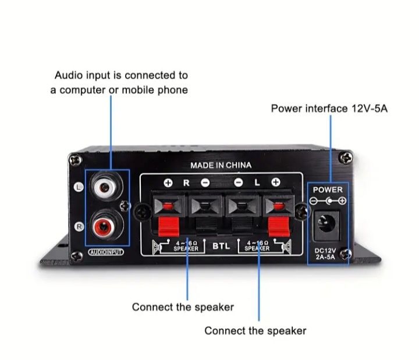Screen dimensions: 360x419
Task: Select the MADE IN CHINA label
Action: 221,166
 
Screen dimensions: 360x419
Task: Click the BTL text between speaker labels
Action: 221,246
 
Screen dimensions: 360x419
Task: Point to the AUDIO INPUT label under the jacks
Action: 106,252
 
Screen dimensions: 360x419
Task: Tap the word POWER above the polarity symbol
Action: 328,190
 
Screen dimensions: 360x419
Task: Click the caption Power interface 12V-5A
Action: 329,109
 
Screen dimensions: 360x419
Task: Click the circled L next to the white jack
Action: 80,187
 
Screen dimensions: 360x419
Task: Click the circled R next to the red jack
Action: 80,226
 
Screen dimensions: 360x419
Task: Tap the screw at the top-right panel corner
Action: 346,156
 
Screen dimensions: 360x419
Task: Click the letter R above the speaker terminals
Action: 186,183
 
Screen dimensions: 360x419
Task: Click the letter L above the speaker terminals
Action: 257,183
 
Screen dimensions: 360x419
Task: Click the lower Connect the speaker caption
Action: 255,330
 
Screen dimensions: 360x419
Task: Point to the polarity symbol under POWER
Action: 328,201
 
